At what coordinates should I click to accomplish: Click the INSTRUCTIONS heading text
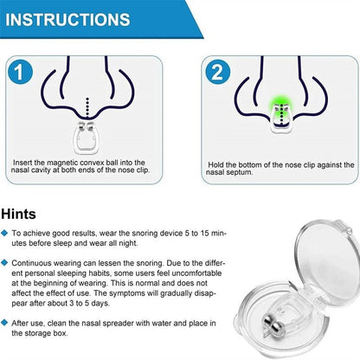pos(67,20)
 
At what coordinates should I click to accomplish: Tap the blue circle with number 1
pos(20,72)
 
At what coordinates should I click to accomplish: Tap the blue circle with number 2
pos(217,72)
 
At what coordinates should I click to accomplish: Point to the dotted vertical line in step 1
pos(87,108)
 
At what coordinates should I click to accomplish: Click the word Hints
pos(18,215)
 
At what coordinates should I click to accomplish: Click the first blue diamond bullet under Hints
pos(4,233)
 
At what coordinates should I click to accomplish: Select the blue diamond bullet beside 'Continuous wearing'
pos(4,263)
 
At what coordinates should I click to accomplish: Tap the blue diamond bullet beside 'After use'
pos(4,323)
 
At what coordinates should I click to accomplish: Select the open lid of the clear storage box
pos(327,260)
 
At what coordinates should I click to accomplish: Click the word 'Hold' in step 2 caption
pos(215,165)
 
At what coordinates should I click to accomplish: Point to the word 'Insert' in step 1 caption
pos(22,163)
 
